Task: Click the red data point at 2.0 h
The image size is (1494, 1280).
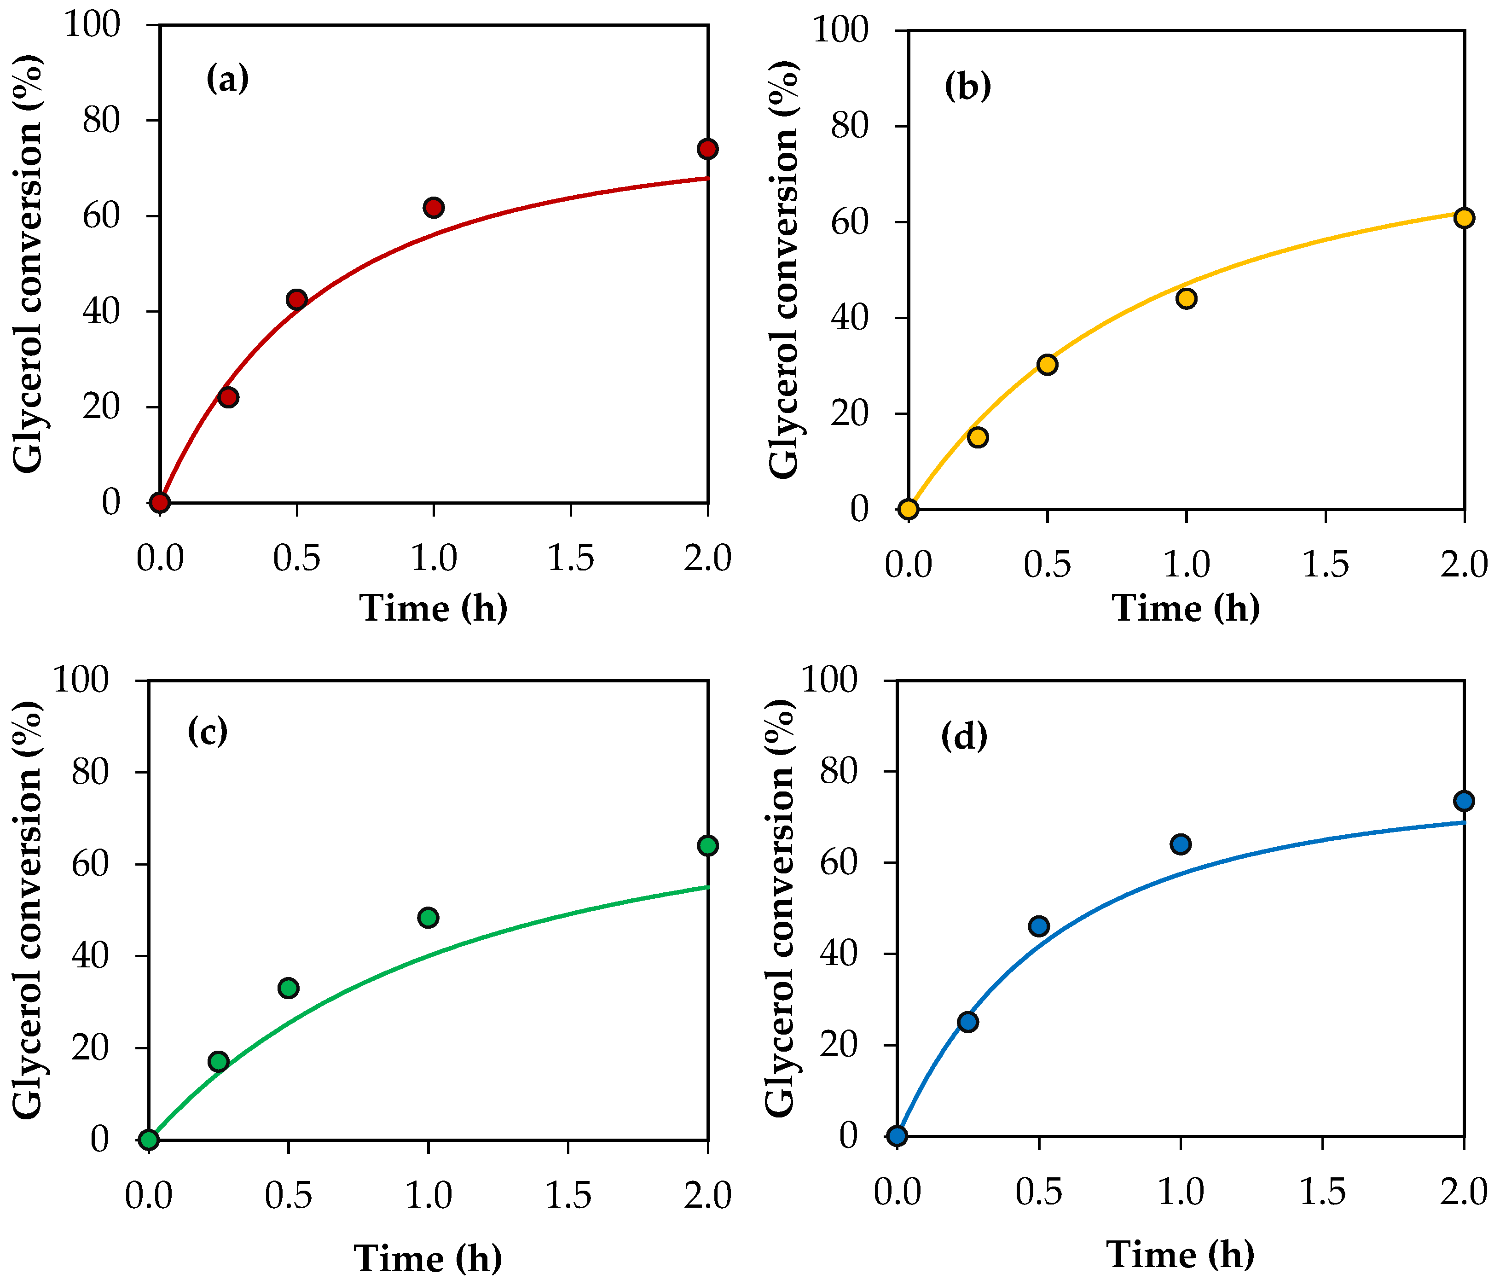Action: click(x=707, y=149)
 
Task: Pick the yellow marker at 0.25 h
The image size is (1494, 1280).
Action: click(x=978, y=437)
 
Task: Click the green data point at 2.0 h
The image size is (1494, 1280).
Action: click(x=708, y=845)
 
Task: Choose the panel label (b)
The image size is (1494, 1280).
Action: click(x=967, y=87)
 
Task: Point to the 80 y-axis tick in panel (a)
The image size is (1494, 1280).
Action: click(x=101, y=120)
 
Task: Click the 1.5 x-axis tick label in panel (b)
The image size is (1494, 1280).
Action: click(x=1325, y=564)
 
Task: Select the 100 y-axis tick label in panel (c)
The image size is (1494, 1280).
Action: click(x=81, y=680)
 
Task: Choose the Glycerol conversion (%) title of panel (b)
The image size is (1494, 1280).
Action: click(x=784, y=268)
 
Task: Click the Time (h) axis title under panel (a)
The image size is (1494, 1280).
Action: click(x=434, y=607)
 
